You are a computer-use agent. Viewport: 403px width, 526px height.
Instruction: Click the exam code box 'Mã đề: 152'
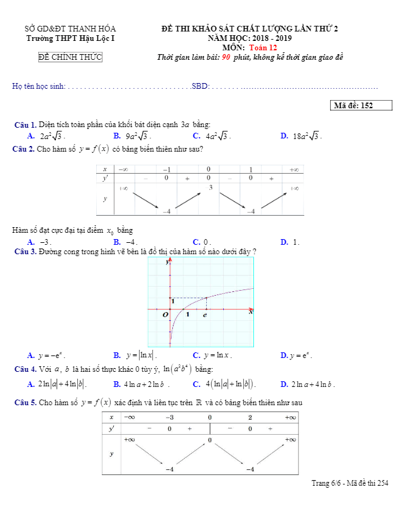click(x=360, y=106)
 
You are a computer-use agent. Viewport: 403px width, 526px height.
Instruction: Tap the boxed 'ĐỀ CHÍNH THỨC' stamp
click(x=70, y=58)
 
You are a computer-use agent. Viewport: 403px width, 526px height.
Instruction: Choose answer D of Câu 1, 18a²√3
click(x=307, y=135)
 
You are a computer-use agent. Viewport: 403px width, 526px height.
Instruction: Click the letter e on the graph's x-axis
click(x=205, y=315)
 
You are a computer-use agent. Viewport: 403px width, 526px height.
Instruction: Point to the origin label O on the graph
click(x=165, y=315)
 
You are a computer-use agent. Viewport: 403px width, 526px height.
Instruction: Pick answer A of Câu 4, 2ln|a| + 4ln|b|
click(x=62, y=384)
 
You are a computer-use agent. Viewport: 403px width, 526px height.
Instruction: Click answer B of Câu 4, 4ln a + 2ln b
click(x=147, y=384)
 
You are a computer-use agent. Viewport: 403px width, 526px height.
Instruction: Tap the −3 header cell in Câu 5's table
click(x=170, y=417)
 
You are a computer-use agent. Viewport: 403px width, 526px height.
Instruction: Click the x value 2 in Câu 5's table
click(x=250, y=417)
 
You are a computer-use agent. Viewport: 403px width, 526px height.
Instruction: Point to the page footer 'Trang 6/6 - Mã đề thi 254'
click(x=350, y=483)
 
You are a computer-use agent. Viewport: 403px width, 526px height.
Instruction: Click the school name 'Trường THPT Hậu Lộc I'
click(x=70, y=38)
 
